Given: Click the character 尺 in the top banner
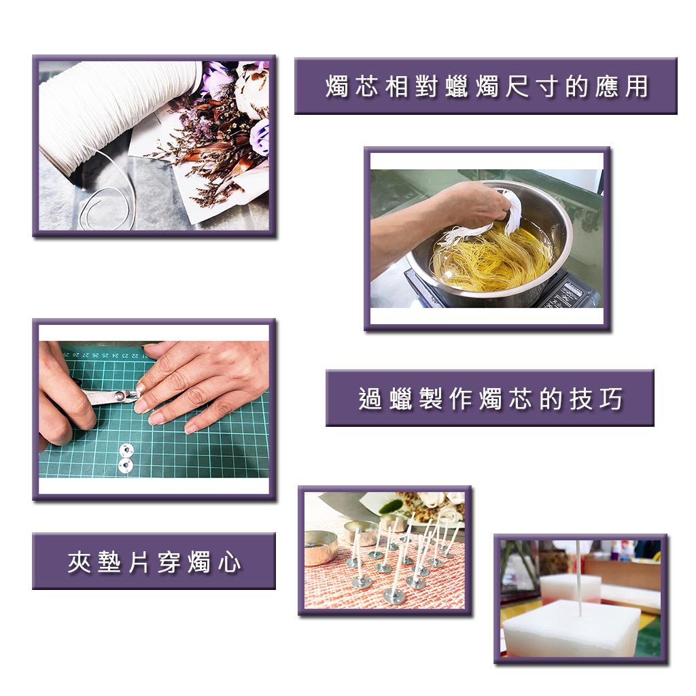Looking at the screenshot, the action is tap(517, 86).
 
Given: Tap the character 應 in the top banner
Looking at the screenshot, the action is tap(607, 86).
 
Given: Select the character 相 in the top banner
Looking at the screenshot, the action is tap(397, 86).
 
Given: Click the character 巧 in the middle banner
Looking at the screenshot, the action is tap(611, 398).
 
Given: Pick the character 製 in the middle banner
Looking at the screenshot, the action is tap(430, 398).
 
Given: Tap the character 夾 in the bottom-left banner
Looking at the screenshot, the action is tap(80, 562).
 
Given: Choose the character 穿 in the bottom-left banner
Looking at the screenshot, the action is tap(169, 562).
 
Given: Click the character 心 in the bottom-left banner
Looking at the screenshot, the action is tap(230, 562).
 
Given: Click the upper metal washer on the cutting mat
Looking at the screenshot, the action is tap(126, 450).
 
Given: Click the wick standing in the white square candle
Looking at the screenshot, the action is tap(579, 578).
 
